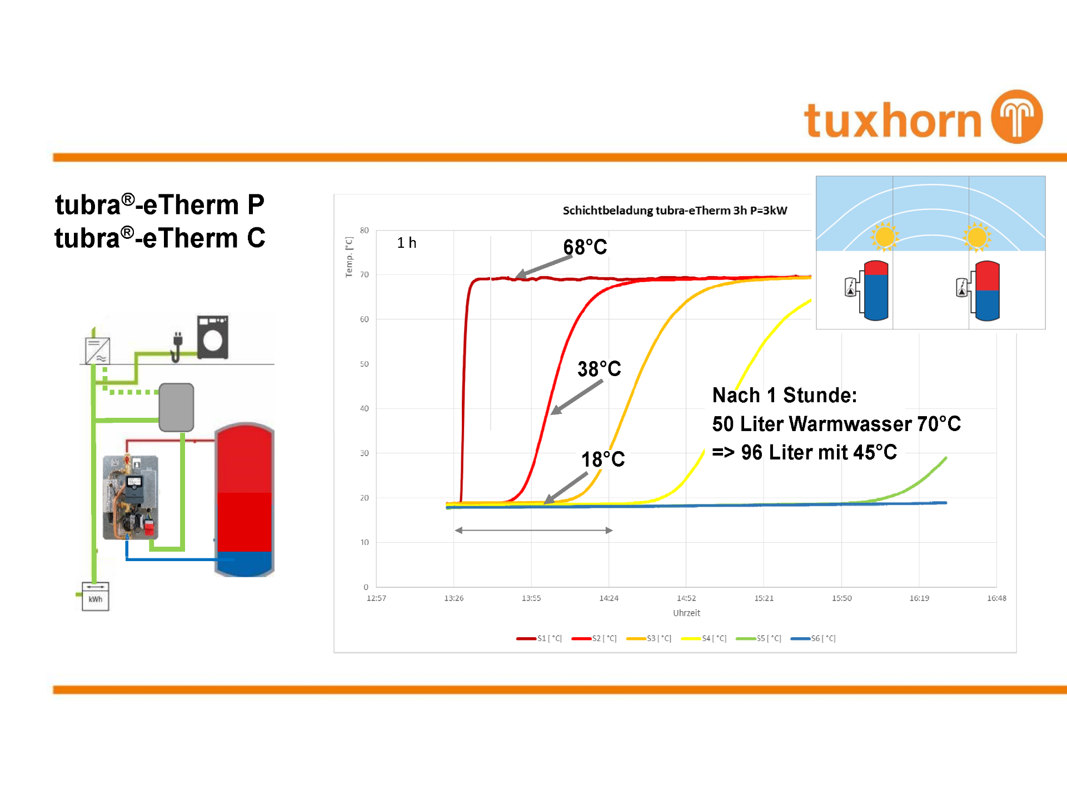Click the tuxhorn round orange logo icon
[x=1017, y=117]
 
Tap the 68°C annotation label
[x=585, y=247]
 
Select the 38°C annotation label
[x=599, y=368]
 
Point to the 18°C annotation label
[x=603, y=459]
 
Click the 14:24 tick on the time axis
[x=609, y=598]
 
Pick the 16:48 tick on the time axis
[x=996, y=598]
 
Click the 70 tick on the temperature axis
[x=365, y=274]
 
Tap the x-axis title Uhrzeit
[x=686, y=613]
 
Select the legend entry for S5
[x=759, y=638]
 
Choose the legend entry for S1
[x=539, y=638]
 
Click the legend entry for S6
[x=813, y=638]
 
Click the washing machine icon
[x=213, y=337]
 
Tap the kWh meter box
[x=96, y=596]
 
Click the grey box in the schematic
[x=176, y=407]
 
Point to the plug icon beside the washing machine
[x=177, y=347]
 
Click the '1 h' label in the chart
[x=407, y=243]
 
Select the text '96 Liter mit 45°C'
[x=819, y=452]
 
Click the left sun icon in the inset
[x=885, y=237]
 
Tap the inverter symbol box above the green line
[x=97, y=351]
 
